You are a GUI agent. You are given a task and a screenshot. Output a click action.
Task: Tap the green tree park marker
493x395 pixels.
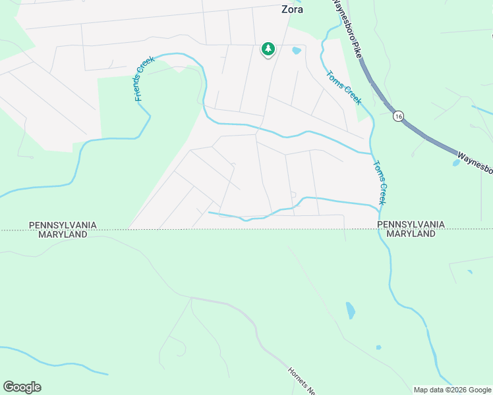point(268,49)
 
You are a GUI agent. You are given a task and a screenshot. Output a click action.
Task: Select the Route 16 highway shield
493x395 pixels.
point(398,116)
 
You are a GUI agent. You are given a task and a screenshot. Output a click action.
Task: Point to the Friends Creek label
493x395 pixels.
point(144,78)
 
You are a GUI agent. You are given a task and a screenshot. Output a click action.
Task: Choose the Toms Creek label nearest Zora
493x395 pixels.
point(344,87)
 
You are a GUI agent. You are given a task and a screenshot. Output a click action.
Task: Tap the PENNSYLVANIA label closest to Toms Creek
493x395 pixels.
point(411,225)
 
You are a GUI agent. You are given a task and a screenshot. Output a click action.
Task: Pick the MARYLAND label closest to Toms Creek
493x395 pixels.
point(411,234)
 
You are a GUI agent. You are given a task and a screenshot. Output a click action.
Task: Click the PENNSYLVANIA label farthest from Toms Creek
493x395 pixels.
point(63,225)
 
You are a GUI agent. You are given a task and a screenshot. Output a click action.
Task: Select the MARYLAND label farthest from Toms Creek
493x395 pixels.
point(63,234)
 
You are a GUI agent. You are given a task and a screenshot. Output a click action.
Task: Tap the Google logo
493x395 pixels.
point(22,387)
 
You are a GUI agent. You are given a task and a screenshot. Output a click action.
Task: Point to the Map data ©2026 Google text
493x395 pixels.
point(452,390)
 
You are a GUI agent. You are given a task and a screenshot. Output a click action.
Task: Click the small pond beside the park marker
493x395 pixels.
point(297,50)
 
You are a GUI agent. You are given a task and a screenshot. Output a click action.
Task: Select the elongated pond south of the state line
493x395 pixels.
point(351,310)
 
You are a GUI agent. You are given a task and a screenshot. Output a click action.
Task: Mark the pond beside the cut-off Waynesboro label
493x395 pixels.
point(456,163)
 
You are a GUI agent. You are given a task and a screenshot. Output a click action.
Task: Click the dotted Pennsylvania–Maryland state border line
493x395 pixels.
point(198,230)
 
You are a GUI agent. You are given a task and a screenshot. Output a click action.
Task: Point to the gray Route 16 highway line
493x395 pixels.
point(428,138)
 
